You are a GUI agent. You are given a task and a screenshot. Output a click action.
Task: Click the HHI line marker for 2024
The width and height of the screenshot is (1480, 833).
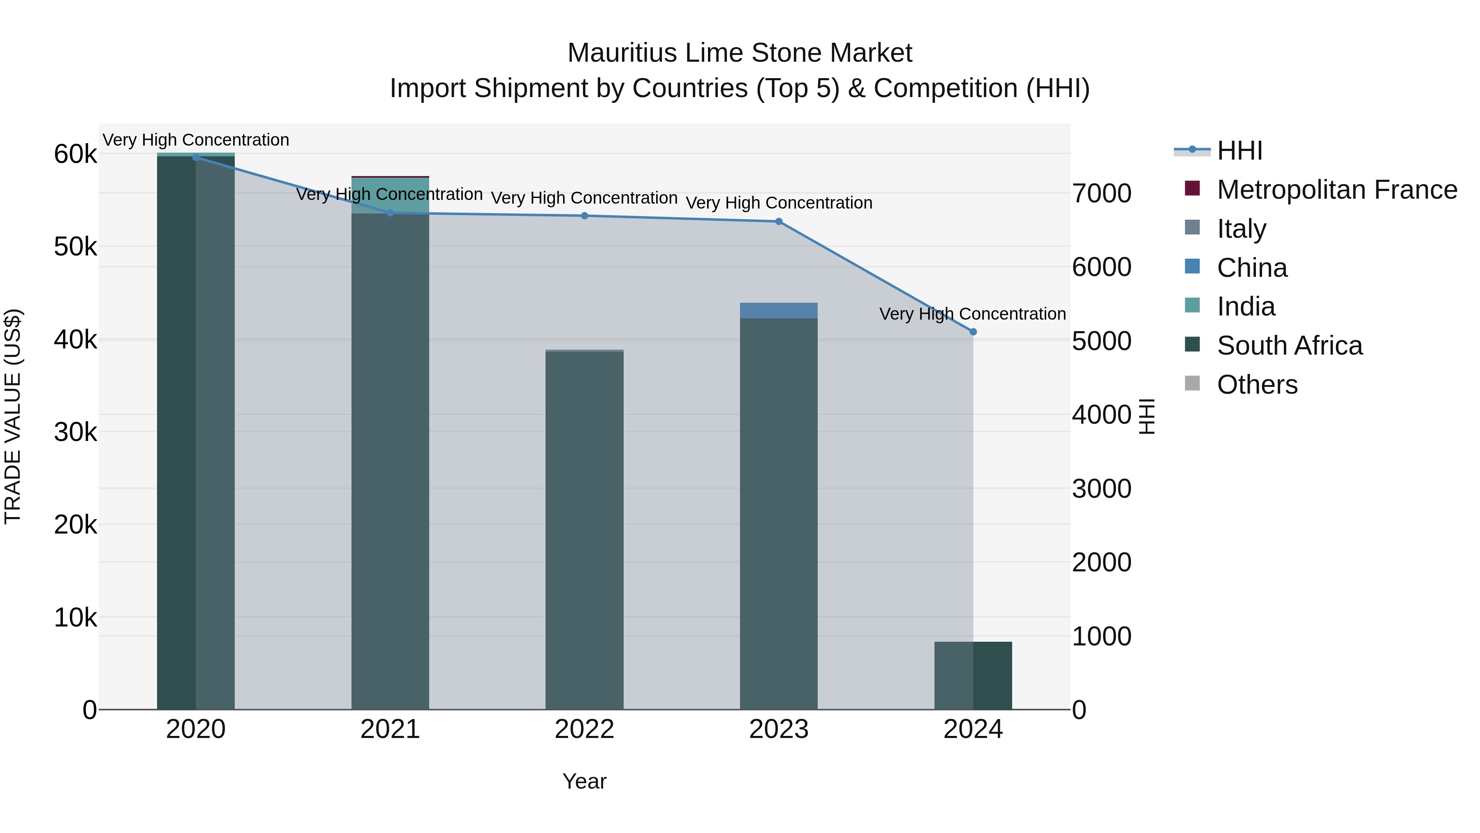pos(973,332)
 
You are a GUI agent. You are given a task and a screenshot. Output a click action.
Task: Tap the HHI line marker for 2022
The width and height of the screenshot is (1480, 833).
pos(584,216)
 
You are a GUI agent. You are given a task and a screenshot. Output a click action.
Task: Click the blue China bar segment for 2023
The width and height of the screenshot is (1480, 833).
pos(779,311)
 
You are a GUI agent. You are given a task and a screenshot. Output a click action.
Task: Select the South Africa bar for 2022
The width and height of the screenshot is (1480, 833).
pos(584,529)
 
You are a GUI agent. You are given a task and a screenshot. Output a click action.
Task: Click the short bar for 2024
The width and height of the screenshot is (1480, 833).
pos(973,675)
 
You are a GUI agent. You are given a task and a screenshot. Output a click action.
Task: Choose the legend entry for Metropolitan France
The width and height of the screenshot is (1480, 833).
pos(1337,190)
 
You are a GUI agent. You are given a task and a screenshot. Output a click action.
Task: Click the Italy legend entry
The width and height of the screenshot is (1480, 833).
pos(1241,229)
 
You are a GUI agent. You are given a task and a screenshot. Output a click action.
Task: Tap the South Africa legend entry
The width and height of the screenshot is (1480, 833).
pos(1289,346)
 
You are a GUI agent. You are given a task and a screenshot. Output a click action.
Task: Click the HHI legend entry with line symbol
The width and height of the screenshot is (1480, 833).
pos(1239,151)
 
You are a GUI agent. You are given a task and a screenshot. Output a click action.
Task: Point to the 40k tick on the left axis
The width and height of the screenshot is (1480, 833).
pos(75,340)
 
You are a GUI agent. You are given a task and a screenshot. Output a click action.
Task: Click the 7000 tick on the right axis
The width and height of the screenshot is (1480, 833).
pos(1101,193)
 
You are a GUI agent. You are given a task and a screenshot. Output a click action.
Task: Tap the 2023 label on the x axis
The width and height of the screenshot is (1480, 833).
pos(779,729)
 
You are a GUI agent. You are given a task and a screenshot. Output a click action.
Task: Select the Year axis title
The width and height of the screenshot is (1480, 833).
pos(584,781)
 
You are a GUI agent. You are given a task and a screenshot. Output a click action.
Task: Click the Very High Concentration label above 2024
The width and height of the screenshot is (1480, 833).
pos(972,314)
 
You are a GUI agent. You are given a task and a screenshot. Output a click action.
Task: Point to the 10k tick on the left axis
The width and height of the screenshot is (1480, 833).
pos(75,617)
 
